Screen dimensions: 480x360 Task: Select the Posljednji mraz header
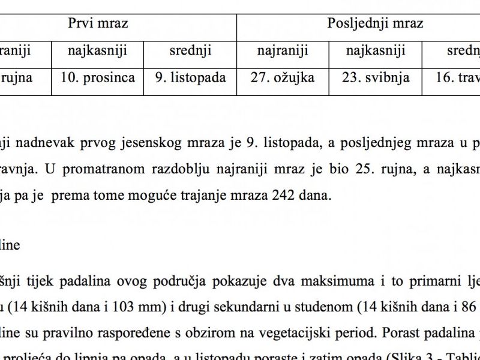coord(375,23)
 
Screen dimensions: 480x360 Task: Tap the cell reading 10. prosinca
coord(97,78)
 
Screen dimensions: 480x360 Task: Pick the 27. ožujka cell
coord(286,78)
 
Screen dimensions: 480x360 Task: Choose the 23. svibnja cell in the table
coord(376,78)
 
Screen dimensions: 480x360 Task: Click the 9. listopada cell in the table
coord(190,78)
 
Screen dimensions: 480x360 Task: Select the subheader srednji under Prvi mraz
coord(191,51)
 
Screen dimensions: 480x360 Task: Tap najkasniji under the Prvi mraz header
coord(97,51)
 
